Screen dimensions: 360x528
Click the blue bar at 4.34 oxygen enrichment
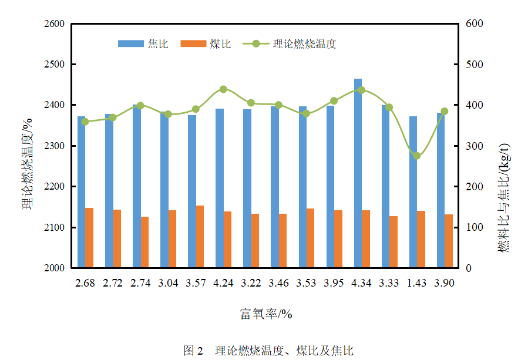pos(358,173)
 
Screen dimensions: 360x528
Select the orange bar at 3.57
pos(200,237)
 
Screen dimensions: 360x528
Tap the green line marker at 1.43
pos(416,156)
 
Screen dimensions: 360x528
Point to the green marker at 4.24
pos(223,89)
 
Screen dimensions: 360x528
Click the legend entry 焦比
pos(144,44)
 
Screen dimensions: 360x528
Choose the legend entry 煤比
pos(206,44)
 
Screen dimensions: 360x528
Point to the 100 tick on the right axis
pos(471,227)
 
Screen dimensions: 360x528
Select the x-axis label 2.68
pos(85,283)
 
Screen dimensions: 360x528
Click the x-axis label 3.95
pos(334,283)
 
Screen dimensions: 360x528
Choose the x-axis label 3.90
pos(445,283)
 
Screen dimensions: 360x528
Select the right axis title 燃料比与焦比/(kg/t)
pos(504,198)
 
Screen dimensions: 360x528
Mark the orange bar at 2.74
pos(144,242)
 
